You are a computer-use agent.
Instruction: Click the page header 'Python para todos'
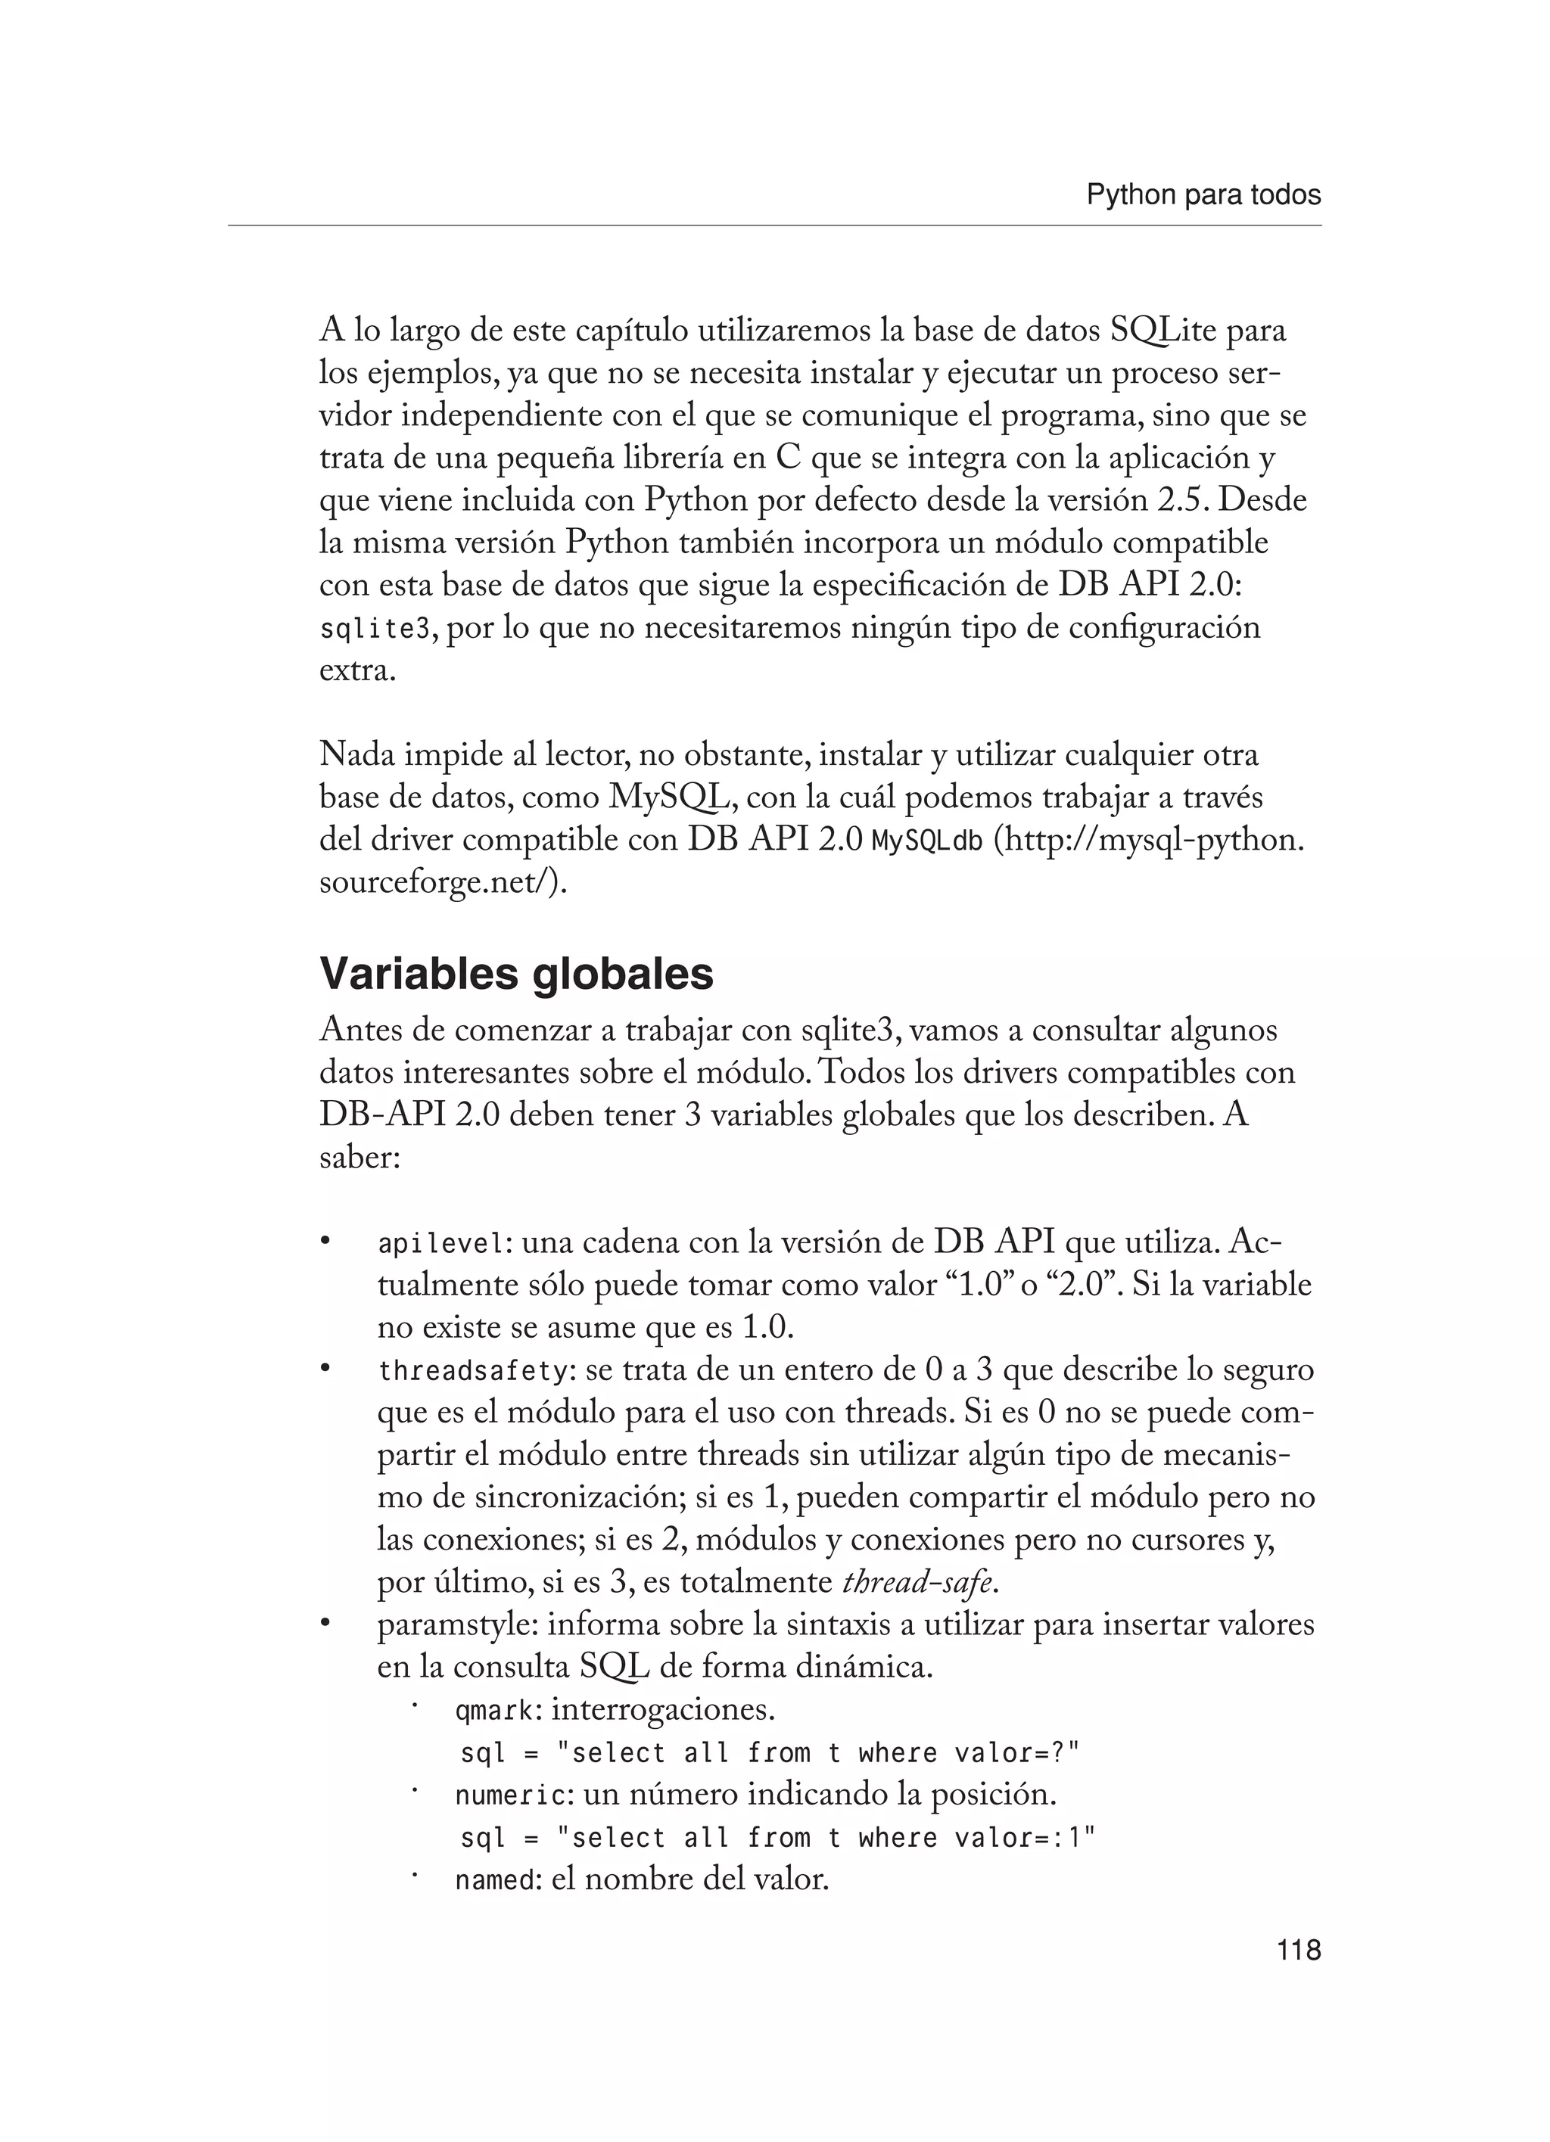coord(1203,195)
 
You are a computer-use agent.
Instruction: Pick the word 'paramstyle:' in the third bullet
coord(457,1625)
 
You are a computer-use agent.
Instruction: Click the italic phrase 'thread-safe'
coord(918,1583)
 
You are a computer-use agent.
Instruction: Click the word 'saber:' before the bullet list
coord(359,1157)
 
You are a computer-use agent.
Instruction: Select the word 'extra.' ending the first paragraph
coord(357,671)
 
